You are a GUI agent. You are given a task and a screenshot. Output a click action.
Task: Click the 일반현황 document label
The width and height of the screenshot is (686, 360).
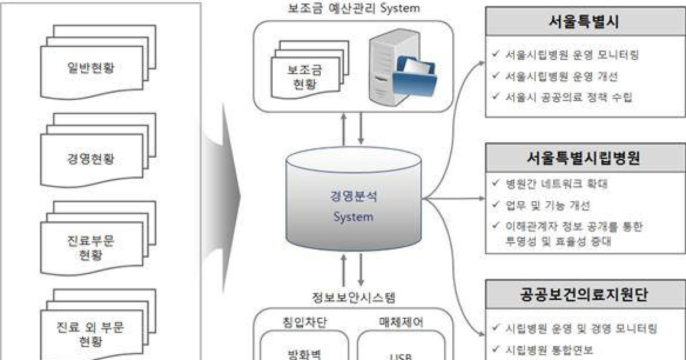coord(90,69)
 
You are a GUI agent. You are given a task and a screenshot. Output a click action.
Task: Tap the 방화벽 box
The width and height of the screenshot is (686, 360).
coord(302,352)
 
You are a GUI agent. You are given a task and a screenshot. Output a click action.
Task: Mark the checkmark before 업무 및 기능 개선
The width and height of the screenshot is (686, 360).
coord(495,205)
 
